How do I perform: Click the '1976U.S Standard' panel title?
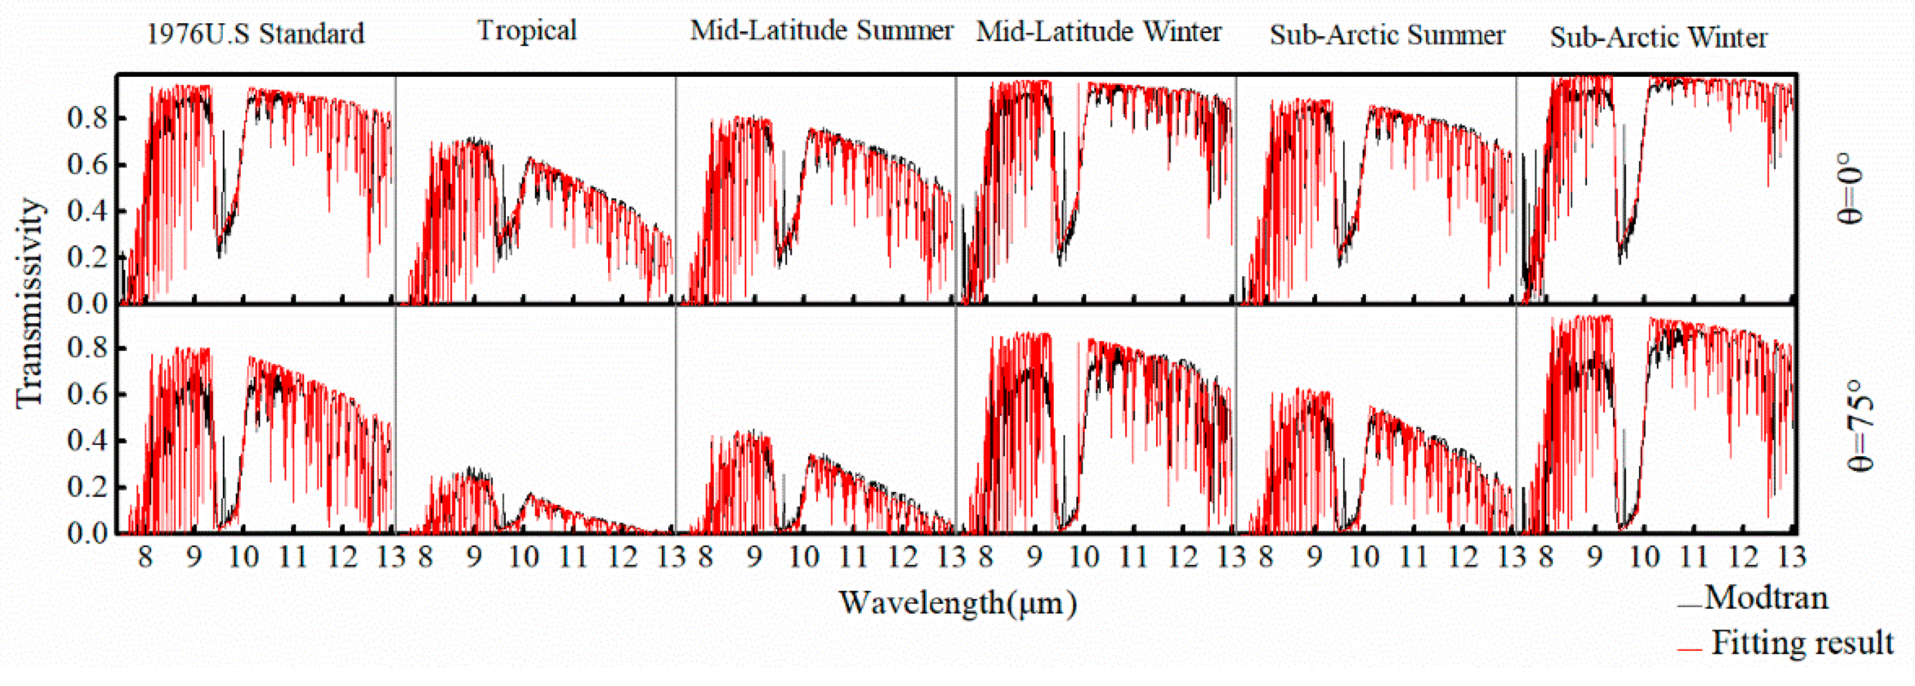click(255, 34)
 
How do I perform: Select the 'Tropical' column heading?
click(527, 31)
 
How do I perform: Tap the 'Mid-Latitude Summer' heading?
click(821, 31)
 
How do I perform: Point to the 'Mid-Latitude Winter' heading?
click(1098, 32)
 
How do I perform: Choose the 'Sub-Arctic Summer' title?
click(1387, 35)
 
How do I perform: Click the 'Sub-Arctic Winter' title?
click(1658, 37)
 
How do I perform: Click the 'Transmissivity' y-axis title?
click(30, 303)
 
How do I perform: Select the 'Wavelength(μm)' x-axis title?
click(958, 603)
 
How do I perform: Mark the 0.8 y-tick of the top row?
click(87, 117)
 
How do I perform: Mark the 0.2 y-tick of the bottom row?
click(87, 488)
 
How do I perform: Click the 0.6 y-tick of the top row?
click(87, 164)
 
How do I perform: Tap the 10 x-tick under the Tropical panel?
click(524, 557)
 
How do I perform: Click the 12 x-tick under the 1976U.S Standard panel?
click(342, 557)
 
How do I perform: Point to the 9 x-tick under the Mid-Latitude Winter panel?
click(1035, 557)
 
